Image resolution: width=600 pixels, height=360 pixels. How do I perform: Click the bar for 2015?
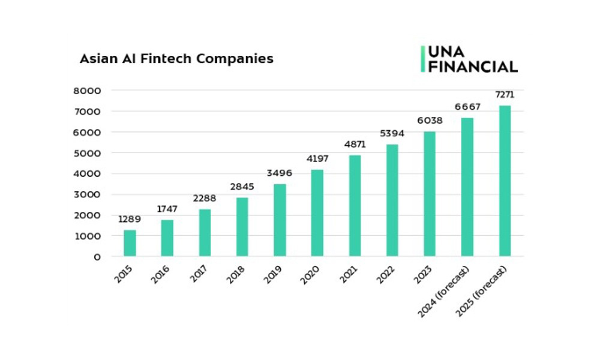click(130, 243)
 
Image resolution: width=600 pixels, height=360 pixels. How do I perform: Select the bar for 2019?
click(280, 220)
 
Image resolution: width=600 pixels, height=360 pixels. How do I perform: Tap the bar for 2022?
click(392, 200)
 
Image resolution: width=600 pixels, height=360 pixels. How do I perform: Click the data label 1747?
click(167, 209)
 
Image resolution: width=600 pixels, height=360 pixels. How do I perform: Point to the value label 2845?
click(242, 187)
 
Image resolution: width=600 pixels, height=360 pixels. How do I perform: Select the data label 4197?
click(317, 159)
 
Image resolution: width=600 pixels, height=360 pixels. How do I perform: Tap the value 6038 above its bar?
click(430, 121)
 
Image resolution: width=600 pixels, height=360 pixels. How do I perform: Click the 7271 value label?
click(505, 95)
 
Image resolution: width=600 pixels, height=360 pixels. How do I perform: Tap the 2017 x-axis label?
click(200, 275)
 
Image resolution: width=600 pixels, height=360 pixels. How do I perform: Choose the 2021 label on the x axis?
click(350, 275)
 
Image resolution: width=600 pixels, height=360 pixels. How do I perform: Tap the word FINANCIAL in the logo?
click(473, 67)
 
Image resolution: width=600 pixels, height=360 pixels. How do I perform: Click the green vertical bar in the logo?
click(422, 59)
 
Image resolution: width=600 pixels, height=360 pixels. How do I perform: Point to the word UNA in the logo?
click(445, 52)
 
